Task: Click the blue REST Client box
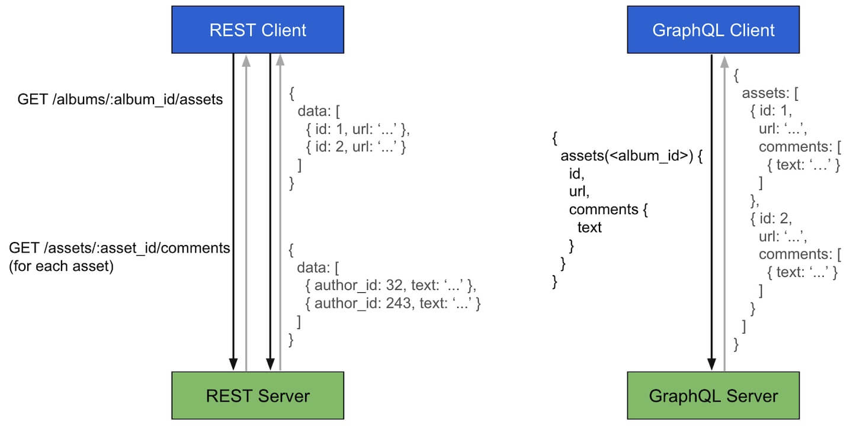click(258, 30)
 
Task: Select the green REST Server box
click(258, 395)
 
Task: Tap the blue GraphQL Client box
click(713, 30)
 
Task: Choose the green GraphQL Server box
click(713, 395)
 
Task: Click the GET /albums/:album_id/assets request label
click(120, 99)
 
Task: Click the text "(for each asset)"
click(61, 266)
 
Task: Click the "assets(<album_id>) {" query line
click(631, 156)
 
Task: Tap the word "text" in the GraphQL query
click(589, 227)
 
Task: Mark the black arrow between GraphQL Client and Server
click(710, 213)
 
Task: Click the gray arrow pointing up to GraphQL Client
click(724, 213)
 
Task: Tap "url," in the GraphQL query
click(579, 192)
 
